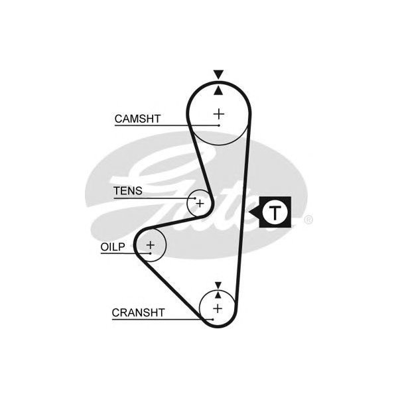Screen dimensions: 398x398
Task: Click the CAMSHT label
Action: (137, 119)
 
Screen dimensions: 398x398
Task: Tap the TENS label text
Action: (127, 191)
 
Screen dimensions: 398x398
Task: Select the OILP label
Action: (113, 247)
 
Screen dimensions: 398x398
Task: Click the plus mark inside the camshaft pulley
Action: (218, 113)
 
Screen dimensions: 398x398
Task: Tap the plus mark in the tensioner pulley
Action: (199, 202)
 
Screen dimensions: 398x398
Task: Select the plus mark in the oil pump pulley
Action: (151, 245)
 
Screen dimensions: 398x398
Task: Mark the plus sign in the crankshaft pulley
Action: (218, 308)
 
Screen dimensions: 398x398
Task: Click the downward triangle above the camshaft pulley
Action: (218, 74)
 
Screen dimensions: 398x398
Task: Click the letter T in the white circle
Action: (275, 212)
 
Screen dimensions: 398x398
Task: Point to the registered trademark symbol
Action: (307, 219)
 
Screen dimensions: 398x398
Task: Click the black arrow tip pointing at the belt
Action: (253, 212)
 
